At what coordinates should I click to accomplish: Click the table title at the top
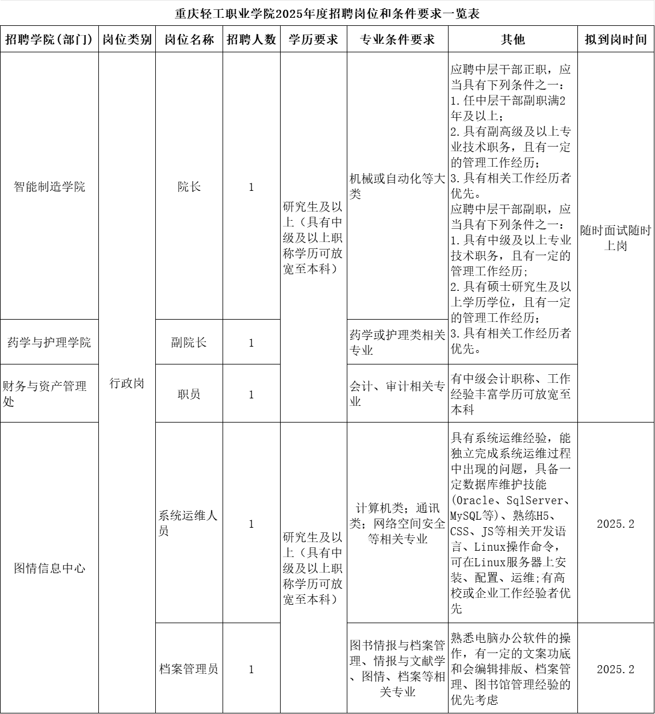327,14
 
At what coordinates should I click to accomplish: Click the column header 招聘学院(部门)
49,40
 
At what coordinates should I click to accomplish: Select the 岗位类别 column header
127,40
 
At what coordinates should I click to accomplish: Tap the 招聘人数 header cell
251,40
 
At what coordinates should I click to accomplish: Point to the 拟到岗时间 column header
615,40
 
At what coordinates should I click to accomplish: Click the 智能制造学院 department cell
49,187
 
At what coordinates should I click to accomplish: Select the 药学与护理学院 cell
49,343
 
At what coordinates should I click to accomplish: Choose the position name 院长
189,187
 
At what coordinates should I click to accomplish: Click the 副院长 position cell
189,343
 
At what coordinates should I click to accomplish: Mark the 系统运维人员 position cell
189,524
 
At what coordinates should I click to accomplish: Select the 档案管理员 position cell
189,669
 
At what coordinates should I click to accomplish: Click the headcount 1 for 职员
251,394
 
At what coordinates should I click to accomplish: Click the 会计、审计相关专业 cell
397,394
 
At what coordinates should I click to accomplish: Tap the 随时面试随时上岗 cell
615,239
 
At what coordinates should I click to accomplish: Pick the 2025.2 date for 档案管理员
615,669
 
